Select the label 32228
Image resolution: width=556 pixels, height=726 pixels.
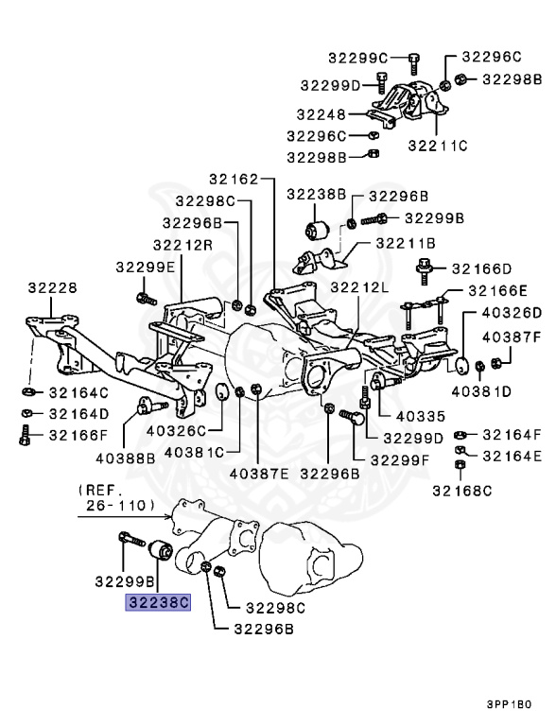tap(52, 287)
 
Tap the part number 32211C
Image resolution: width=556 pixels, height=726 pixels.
tap(438, 146)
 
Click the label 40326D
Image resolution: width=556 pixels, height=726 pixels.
tap(511, 313)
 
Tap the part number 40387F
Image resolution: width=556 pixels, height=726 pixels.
tap(511, 337)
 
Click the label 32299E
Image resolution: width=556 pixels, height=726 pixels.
tap(146, 268)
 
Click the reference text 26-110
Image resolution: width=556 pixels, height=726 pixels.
tap(117, 506)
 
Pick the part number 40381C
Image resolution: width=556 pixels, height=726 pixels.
tap(195, 452)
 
